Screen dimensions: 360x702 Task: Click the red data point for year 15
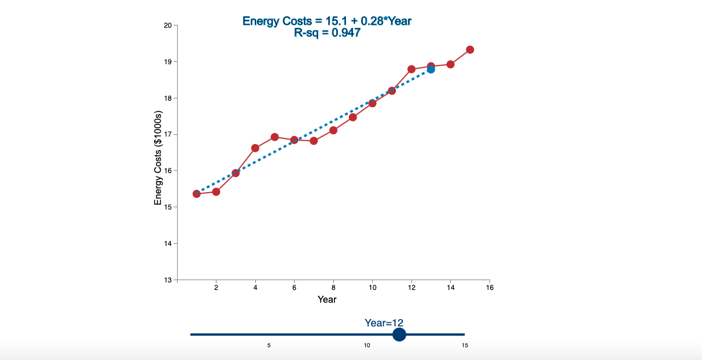(x=470, y=50)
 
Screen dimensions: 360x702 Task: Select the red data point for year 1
(x=197, y=193)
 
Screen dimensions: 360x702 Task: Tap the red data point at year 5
(x=275, y=137)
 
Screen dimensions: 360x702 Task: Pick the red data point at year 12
(x=411, y=69)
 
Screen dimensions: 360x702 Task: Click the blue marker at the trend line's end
(x=431, y=69)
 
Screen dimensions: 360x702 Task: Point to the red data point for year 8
(x=333, y=130)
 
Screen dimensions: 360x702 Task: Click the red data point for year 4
(x=255, y=148)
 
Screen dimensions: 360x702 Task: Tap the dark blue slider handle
(x=399, y=335)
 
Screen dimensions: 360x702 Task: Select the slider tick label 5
(x=269, y=346)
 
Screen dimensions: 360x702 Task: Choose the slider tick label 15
(x=465, y=346)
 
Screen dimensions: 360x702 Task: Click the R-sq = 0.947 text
(x=327, y=33)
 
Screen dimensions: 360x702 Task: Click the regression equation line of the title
(x=327, y=21)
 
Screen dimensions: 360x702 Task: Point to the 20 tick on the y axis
(x=168, y=25)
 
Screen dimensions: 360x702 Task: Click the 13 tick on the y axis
(x=168, y=280)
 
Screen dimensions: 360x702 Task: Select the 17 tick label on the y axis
(x=168, y=134)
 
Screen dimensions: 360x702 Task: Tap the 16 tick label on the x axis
(x=490, y=288)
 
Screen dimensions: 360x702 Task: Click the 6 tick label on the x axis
(x=294, y=288)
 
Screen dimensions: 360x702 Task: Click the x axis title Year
(x=327, y=299)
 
